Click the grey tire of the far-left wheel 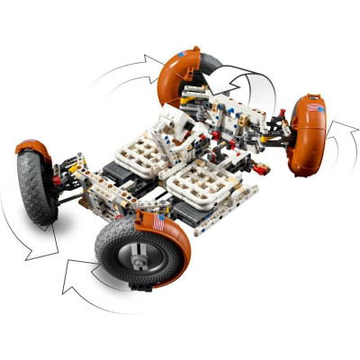coord(33,184)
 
